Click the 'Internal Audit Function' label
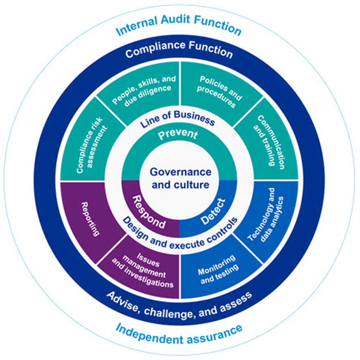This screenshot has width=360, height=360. pos(179,29)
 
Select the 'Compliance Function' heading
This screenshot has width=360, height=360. pos(179,52)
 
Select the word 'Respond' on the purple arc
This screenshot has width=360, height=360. pos(147,211)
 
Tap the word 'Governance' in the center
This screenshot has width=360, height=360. pos(180,172)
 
